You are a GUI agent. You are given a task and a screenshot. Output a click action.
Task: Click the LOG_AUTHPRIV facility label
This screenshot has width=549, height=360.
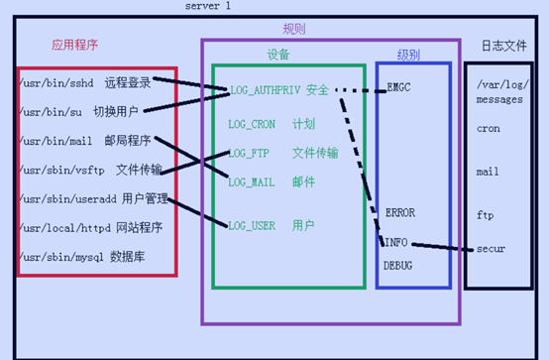[x=263, y=90]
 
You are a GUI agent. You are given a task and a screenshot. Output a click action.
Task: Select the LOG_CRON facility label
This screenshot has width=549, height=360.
[x=252, y=125]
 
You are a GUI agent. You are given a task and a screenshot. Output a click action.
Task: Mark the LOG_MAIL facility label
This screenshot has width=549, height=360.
[x=252, y=182]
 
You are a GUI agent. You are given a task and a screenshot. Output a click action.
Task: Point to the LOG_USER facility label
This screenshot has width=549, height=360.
[x=252, y=225]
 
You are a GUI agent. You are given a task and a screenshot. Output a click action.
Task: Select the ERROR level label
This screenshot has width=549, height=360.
[x=399, y=212]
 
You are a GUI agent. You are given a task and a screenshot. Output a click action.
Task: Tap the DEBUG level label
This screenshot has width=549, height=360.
[x=398, y=266]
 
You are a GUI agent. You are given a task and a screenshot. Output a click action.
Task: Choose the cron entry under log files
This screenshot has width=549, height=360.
[x=488, y=129]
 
